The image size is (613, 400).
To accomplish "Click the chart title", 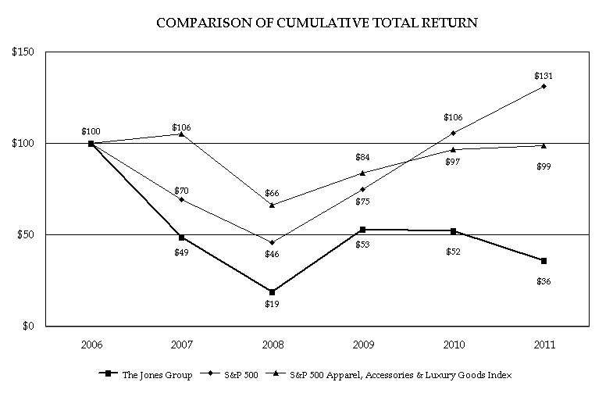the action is click(x=317, y=23).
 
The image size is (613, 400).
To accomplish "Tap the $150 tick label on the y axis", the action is click(x=23, y=52).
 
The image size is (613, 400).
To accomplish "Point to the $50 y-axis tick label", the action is click(x=26, y=234).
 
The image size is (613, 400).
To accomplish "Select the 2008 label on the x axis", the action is click(x=273, y=345).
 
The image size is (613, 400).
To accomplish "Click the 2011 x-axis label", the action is click(x=544, y=345).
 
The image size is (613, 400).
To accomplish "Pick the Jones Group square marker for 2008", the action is click(x=272, y=292).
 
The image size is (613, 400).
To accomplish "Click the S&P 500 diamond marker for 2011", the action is click(x=544, y=87).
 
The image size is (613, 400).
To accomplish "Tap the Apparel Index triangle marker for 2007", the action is click(x=181, y=134).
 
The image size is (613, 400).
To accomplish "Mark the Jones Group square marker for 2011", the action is click(x=544, y=261).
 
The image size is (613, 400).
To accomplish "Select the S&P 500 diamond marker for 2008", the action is click(x=272, y=242).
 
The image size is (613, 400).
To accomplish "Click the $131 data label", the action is click(x=544, y=76).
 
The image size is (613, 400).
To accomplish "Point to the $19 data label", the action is click(x=272, y=304).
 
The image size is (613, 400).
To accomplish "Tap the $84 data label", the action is click(x=362, y=157).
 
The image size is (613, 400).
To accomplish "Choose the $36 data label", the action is click(x=544, y=281).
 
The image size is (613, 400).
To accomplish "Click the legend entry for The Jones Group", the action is click(x=145, y=374).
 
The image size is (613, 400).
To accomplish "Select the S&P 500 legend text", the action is click(x=241, y=375).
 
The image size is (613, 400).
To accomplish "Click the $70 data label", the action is click(x=181, y=191).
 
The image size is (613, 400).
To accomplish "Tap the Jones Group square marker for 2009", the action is click(x=363, y=230).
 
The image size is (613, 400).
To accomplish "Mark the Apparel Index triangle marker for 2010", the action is click(x=453, y=149).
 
